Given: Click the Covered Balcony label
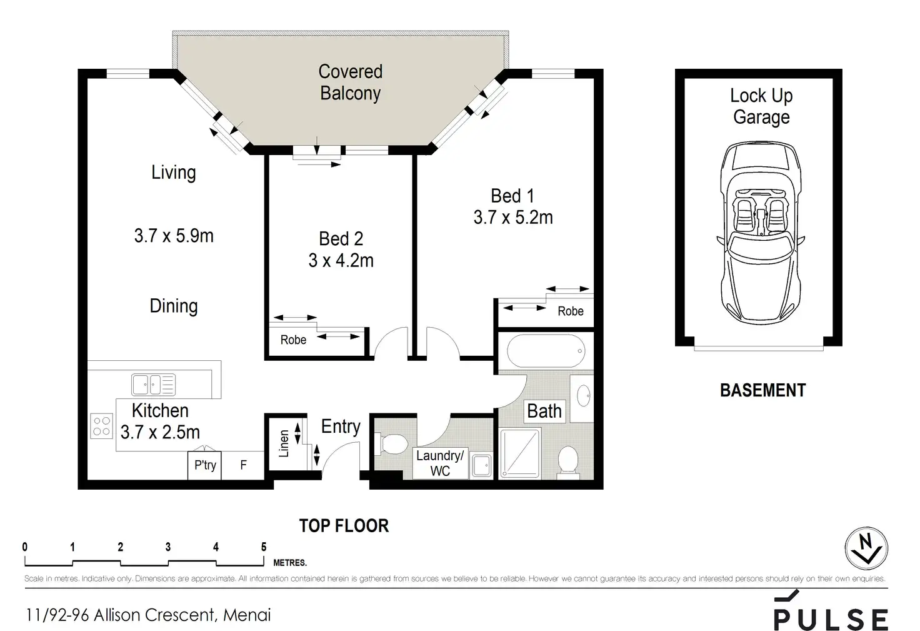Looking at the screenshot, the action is (x=351, y=82).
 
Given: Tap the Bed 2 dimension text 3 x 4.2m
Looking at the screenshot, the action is (x=341, y=261).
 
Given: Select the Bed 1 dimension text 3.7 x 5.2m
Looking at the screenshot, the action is (x=513, y=218).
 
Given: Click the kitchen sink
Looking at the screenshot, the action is (x=153, y=385).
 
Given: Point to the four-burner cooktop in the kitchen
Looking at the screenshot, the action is (x=101, y=426).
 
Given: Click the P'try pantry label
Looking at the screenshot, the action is (x=205, y=465).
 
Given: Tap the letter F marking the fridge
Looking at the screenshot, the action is (x=244, y=465).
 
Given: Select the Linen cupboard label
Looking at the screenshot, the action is (x=284, y=443).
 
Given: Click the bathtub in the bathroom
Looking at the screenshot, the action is (x=546, y=351).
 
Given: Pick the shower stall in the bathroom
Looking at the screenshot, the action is (x=520, y=453).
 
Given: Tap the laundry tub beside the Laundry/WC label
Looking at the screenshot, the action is (x=481, y=466).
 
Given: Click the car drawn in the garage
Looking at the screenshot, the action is (x=761, y=232).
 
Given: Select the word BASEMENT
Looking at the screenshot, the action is (x=762, y=390).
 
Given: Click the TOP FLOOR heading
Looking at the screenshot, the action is (x=344, y=526).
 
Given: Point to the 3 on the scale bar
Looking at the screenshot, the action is (x=168, y=547).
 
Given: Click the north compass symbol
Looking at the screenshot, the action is (x=866, y=548).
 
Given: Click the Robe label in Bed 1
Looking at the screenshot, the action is (x=571, y=311).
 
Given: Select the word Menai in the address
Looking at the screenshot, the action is (x=247, y=615).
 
